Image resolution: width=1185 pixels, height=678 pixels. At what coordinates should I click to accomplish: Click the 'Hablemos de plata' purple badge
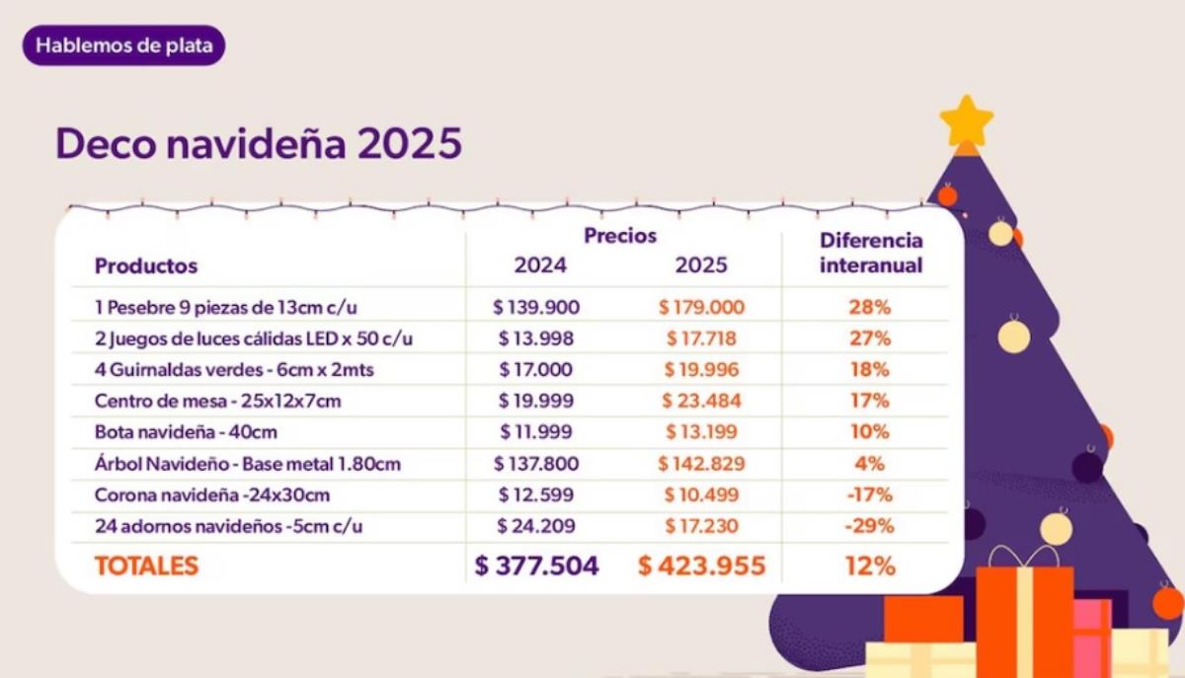pyautogui.click(x=123, y=46)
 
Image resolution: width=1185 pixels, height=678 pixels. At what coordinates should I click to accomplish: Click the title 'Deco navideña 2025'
pyautogui.click(x=259, y=144)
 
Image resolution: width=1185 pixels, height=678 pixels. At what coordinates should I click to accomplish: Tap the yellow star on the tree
pyautogui.click(x=966, y=120)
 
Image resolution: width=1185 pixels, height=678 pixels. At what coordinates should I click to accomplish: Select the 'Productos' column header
pyautogui.click(x=146, y=265)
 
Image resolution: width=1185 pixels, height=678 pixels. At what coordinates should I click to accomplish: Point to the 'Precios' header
pyautogui.click(x=620, y=236)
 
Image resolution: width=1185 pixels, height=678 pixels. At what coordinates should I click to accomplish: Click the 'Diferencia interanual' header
pyautogui.click(x=871, y=253)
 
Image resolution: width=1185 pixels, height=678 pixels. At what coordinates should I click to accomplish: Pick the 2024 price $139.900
pyautogui.click(x=536, y=307)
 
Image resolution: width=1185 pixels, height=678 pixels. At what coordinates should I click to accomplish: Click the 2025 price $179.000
pyautogui.click(x=701, y=307)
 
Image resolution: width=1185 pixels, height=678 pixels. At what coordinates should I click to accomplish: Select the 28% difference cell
pyautogui.click(x=869, y=307)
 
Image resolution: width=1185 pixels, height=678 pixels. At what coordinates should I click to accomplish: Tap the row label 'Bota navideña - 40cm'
pyautogui.click(x=172, y=431)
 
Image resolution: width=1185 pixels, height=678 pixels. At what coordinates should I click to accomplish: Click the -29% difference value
pyautogui.click(x=869, y=526)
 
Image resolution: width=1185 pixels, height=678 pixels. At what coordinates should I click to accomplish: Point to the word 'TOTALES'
pyautogui.click(x=146, y=566)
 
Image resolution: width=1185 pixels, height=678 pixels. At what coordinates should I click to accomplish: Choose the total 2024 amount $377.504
pyautogui.click(x=536, y=566)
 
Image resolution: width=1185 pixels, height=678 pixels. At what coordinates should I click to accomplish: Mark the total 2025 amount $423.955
pyautogui.click(x=701, y=566)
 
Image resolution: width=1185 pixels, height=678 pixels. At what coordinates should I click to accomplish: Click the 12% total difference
pyautogui.click(x=869, y=566)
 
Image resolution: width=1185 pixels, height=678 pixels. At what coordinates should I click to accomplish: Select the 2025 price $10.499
pyautogui.click(x=701, y=494)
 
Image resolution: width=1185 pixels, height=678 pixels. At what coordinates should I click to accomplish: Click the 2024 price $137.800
pyautogui.click(x=536, y=463)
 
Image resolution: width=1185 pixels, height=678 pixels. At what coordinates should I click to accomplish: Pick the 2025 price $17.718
pyautogui.click(x=701, y=339)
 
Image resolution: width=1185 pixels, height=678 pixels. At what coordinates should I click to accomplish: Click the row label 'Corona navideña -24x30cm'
pyautogui.click(x=212, y=494)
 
